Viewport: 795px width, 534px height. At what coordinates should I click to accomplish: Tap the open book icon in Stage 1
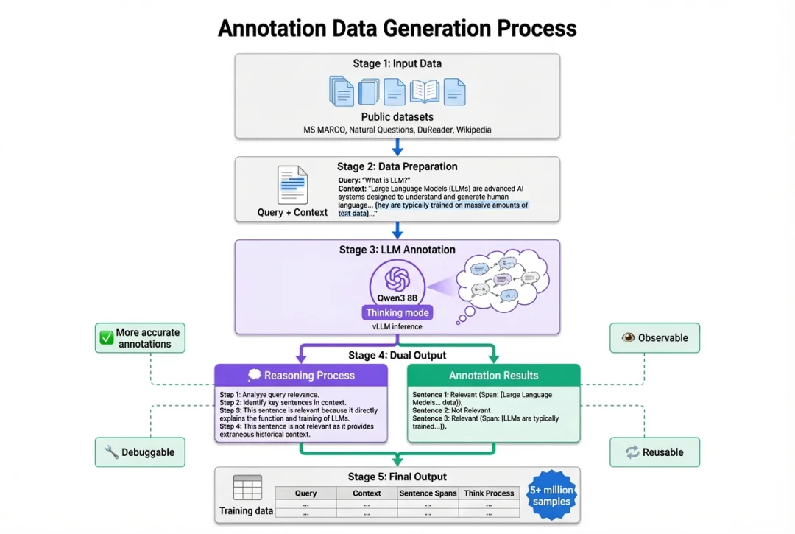(425, 91)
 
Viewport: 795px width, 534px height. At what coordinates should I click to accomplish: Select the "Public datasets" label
(397, 116)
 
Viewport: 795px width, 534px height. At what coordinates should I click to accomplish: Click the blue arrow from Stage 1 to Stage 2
(397, 147)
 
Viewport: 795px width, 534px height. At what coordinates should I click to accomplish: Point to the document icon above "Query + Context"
(292, 185)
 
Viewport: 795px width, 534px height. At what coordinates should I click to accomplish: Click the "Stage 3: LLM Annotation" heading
(397, 250)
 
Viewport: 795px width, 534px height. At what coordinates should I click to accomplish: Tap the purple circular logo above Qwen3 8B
(397, 279)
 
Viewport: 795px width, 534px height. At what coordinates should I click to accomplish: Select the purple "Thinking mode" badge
(397, 312)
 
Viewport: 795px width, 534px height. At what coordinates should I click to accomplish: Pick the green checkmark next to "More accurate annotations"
(107, 338)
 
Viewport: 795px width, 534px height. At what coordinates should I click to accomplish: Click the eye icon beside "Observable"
(628, 338)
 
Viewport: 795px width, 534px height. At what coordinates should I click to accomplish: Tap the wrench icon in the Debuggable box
(112, 452)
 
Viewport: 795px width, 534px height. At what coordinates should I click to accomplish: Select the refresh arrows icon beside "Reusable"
(632, 452)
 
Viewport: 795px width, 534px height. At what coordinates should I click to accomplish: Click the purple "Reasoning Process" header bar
(301, 376)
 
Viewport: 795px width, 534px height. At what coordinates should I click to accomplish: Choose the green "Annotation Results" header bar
(493, 376)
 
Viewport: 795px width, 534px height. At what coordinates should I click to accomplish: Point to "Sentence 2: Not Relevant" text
(451, 410)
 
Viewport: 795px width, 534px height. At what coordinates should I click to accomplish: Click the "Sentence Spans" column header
(428, 493)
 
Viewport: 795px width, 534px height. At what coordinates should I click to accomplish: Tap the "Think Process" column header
(489, 493)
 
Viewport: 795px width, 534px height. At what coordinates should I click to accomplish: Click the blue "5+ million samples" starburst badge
(551, 496)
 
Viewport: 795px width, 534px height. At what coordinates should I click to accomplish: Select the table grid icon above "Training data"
(247, 488)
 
